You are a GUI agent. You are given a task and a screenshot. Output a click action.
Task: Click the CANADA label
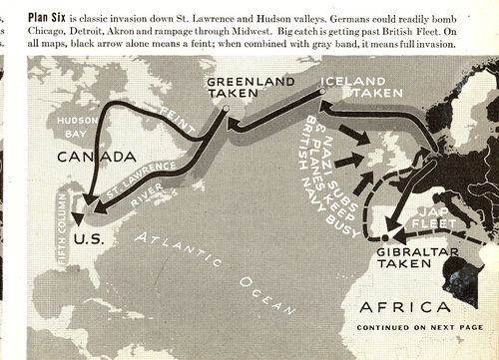click(x=96, y=158)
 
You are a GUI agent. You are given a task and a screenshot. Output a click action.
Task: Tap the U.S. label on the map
click(x=89, y=239)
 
